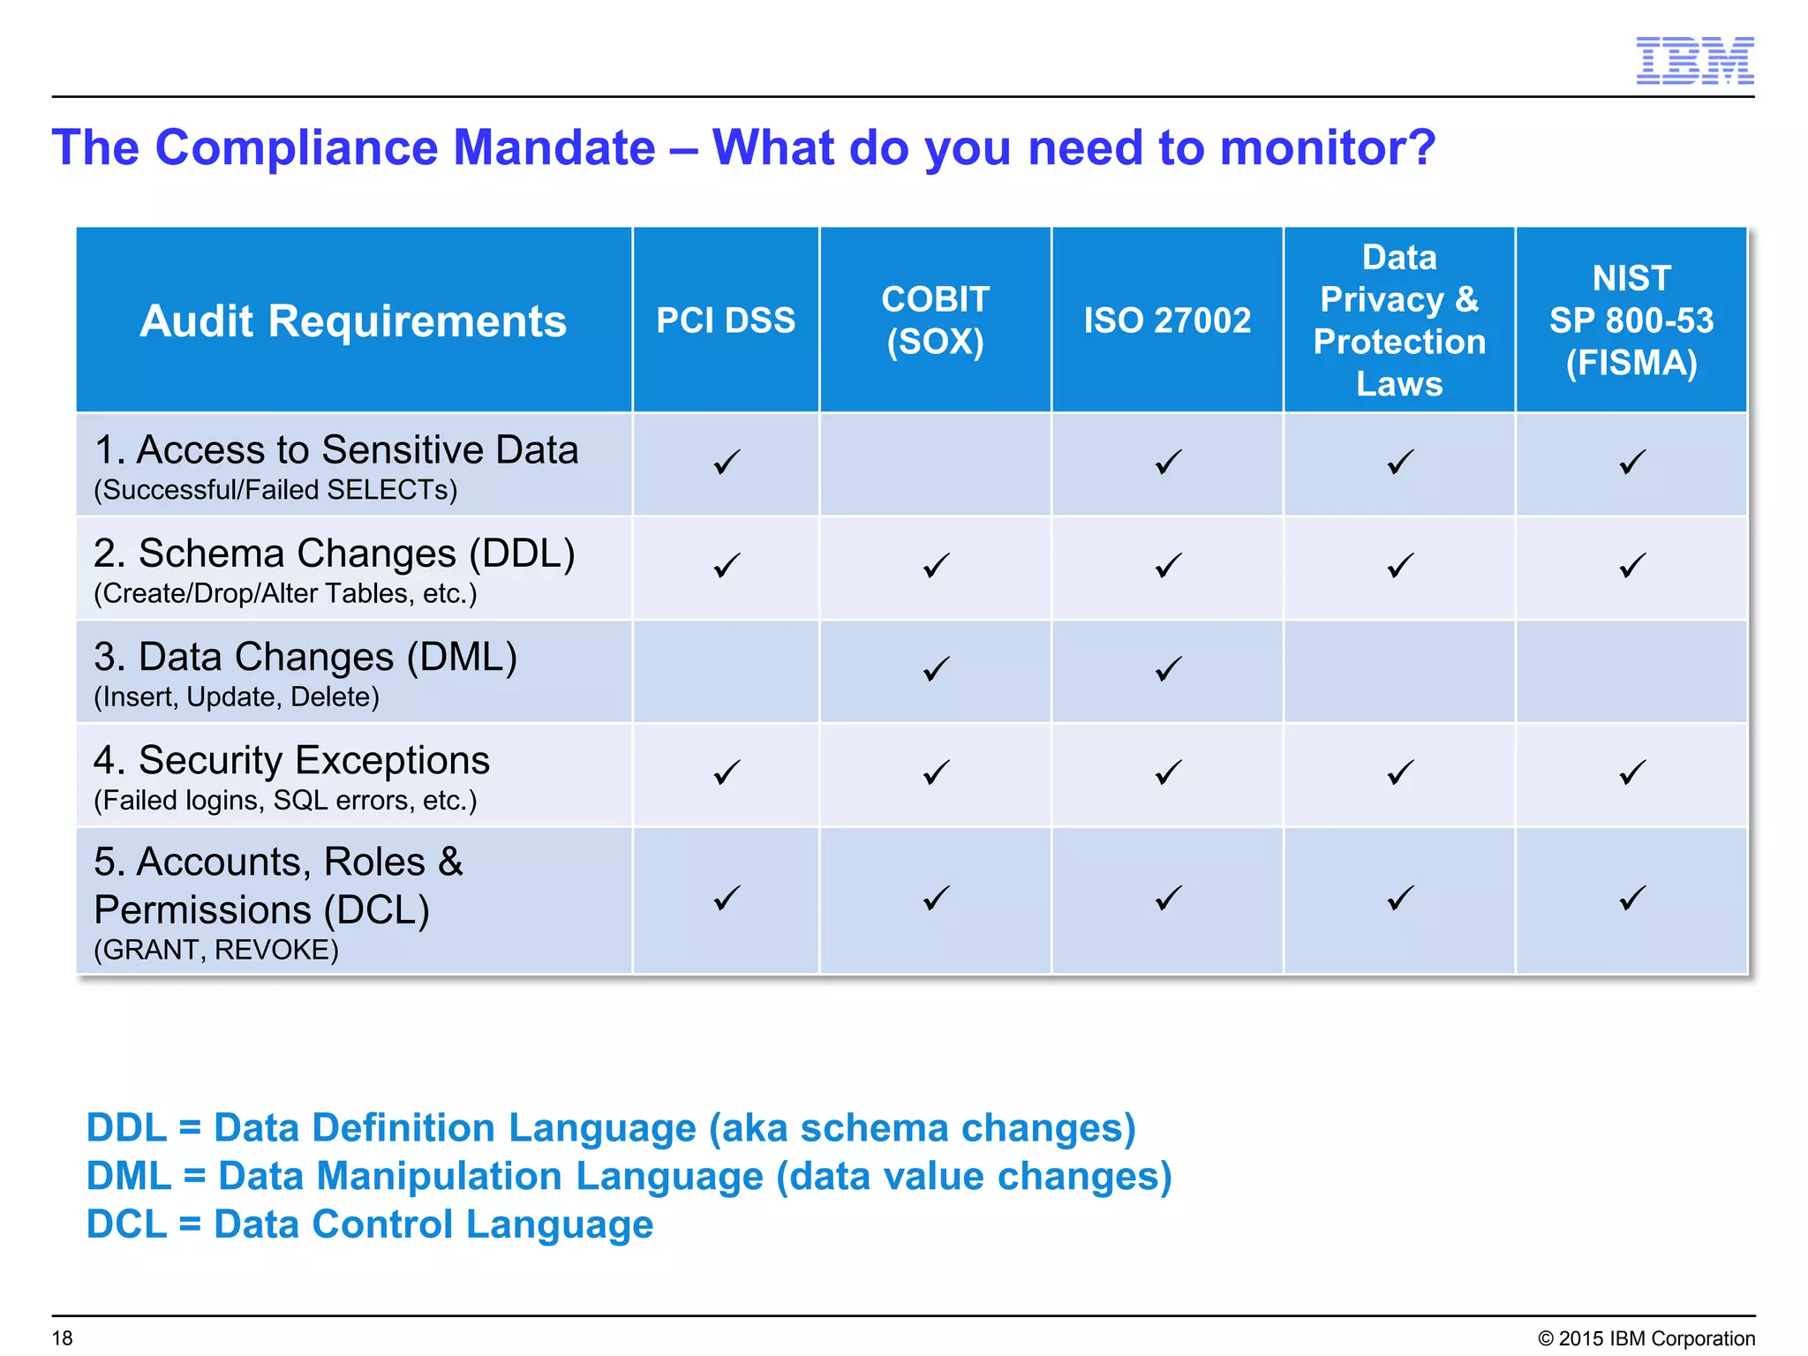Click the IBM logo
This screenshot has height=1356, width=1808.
[1694, 61]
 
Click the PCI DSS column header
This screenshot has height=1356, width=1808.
[726, 320]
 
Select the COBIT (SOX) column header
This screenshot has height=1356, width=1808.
[935, 320]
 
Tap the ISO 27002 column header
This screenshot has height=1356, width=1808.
[1167, 320]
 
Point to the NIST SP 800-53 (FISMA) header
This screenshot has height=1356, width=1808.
[1631, 320]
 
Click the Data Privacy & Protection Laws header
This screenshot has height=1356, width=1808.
[1399, 320]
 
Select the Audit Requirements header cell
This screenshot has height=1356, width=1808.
[353, 320]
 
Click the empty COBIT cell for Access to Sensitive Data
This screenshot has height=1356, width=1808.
[935, 464]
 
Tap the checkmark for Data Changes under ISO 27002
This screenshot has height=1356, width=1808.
[1168, 669]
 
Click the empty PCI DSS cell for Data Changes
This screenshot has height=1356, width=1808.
[726, 671]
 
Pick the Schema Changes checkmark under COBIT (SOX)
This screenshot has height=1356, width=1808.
[936, 566]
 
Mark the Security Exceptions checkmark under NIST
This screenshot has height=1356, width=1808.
[1632, 773]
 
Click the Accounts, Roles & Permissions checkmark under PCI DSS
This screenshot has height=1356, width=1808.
[727, 899]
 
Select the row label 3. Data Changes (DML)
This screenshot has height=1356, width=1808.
[305, 657]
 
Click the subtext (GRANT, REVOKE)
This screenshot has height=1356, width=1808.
[216, 950]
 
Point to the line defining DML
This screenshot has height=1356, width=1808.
[629, 1176]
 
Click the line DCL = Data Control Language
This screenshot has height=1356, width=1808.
[370, 1224]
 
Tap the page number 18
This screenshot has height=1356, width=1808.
[63, 1338]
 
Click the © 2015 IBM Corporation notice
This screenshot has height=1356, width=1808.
[1646, 1338]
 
